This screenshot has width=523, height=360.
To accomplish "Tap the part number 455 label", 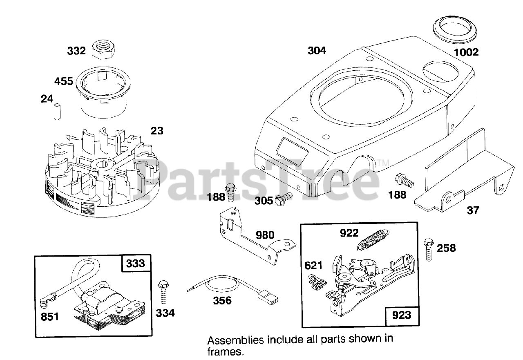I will point(64,81).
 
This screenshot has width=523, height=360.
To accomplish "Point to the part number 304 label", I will point(317,51).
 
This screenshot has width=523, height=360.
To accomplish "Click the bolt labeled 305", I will point(284,200).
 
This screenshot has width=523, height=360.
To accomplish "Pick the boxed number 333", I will point(136,263).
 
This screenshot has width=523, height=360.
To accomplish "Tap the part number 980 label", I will point(265,235).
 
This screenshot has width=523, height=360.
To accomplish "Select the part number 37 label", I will point(473,210).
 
